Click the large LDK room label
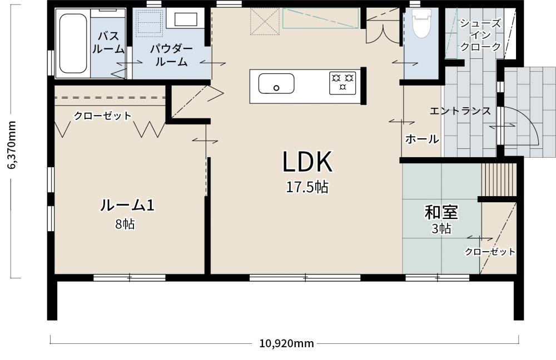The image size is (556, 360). [307, 162]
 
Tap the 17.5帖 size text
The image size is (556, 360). [307, 187]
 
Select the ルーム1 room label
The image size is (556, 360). [127, 205]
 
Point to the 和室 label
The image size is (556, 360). [441, 212]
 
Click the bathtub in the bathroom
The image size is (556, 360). [73, 43]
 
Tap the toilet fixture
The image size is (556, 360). [421, 23]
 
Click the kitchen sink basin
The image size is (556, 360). [276, 84]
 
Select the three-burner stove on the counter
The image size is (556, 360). [342, 83]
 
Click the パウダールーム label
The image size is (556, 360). [171, 55]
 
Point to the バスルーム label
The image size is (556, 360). [108, 43]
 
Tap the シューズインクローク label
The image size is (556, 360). [480, 35]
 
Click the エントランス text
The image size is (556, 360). [460, 111]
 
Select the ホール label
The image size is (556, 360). [422, 139]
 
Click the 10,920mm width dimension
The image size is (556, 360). [286, 343]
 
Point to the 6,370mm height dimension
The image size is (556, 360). [12, 145]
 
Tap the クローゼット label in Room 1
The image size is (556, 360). [102, 116]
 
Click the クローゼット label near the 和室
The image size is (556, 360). [490, 252]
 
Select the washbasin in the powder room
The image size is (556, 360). [186, 19]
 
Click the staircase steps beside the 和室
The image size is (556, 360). [499, 179]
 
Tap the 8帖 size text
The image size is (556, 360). [125, 224]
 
